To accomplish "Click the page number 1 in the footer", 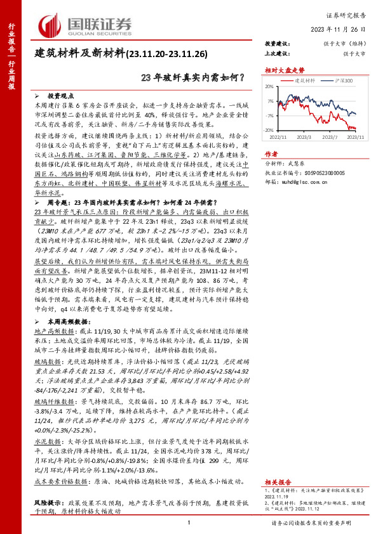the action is [x=189, y=522].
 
